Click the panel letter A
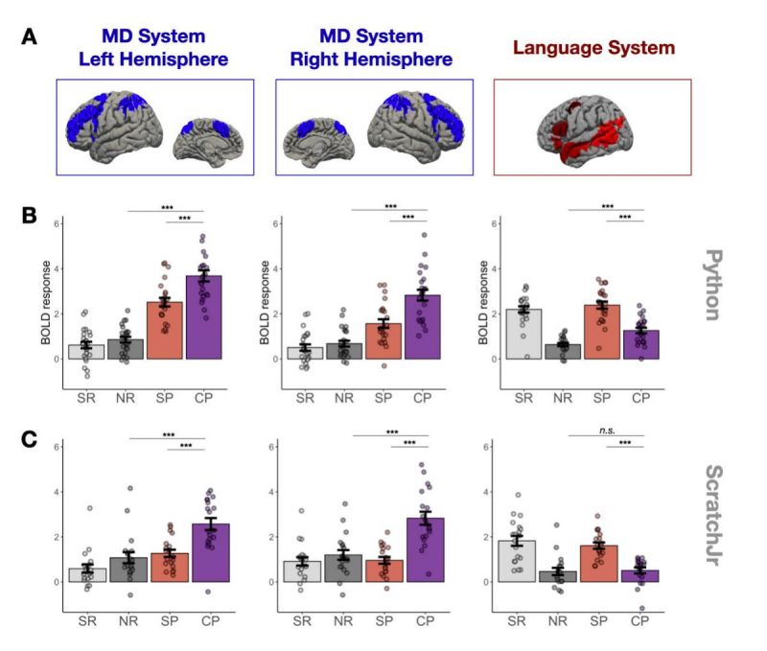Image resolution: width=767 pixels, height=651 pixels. click(30, 37)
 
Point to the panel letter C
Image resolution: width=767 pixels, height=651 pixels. click(30, 439)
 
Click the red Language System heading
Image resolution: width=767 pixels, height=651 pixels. click(593, 48)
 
